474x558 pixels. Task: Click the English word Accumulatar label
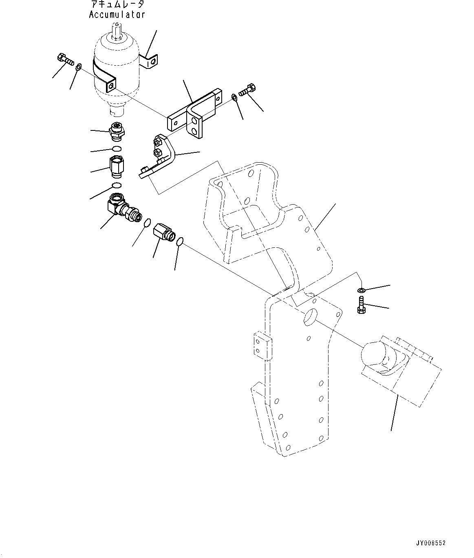117,15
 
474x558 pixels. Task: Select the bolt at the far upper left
65,59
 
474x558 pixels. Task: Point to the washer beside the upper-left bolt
79,66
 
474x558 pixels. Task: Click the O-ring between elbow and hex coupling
148,222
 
